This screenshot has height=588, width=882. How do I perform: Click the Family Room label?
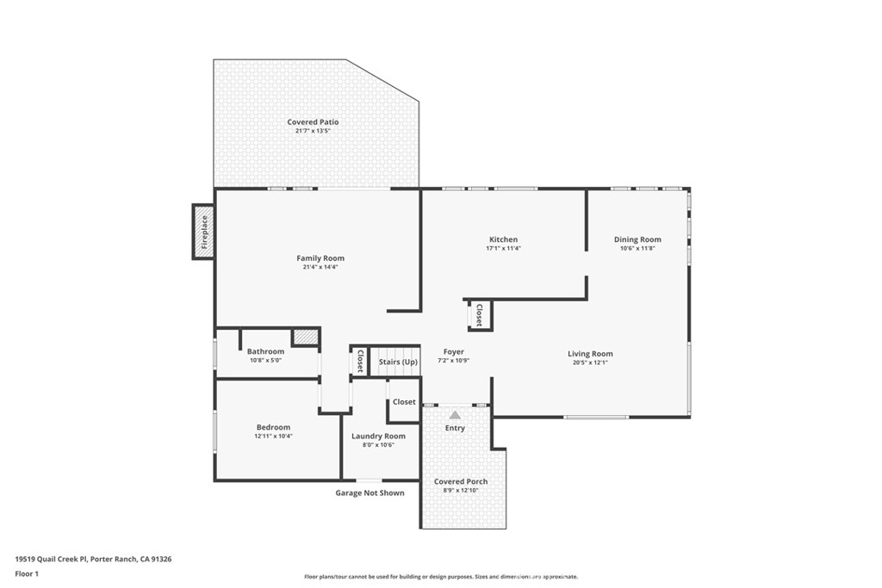[320, 258]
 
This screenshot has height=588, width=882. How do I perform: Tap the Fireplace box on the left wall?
[203, 232]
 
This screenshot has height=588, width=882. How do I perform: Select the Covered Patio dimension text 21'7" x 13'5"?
[313, 131]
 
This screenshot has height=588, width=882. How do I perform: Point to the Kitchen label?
[503, 239]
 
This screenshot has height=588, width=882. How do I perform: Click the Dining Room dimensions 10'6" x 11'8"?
[638, 248]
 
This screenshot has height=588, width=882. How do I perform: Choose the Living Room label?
[590, 354]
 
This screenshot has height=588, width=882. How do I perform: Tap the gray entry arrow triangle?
[455, 415]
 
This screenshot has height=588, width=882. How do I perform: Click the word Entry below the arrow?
[455, 428]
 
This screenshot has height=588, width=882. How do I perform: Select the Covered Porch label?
[461, 481]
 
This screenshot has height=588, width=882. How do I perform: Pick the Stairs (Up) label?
[398, 362]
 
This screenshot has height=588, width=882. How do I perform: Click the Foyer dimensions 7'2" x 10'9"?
[453, 361]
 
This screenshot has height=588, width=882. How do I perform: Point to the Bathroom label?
[265, 351]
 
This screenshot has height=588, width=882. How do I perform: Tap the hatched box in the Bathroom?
[306, 337]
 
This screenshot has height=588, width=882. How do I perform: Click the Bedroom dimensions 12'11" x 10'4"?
[273, 436]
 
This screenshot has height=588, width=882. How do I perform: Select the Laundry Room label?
[379, 436]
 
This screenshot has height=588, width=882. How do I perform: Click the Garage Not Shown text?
[370, 493]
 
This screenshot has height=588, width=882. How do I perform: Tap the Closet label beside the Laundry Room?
[404, 402]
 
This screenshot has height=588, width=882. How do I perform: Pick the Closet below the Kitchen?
[479, 315]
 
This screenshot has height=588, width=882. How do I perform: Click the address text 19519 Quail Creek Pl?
[51, 560]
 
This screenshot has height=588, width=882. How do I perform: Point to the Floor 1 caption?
[27, 574]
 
